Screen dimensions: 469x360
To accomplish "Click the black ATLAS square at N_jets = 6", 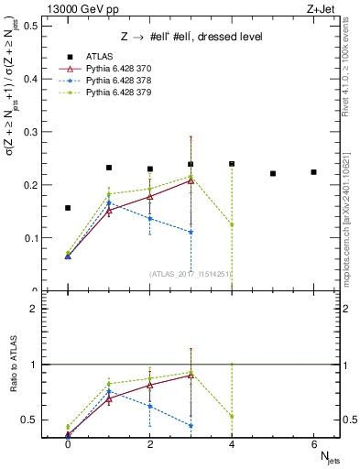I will click(x=313, y=172).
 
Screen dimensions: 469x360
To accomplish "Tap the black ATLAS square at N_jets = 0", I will click(x=68, y=208).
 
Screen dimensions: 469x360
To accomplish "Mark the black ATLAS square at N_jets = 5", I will click(x=273, y=173).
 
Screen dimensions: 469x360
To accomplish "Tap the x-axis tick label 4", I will click(x=232, y=443).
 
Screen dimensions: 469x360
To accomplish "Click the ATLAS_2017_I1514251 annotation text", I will click(x=191, y=274).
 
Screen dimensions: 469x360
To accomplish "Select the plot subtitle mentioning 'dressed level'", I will click(x=192, y=37).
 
